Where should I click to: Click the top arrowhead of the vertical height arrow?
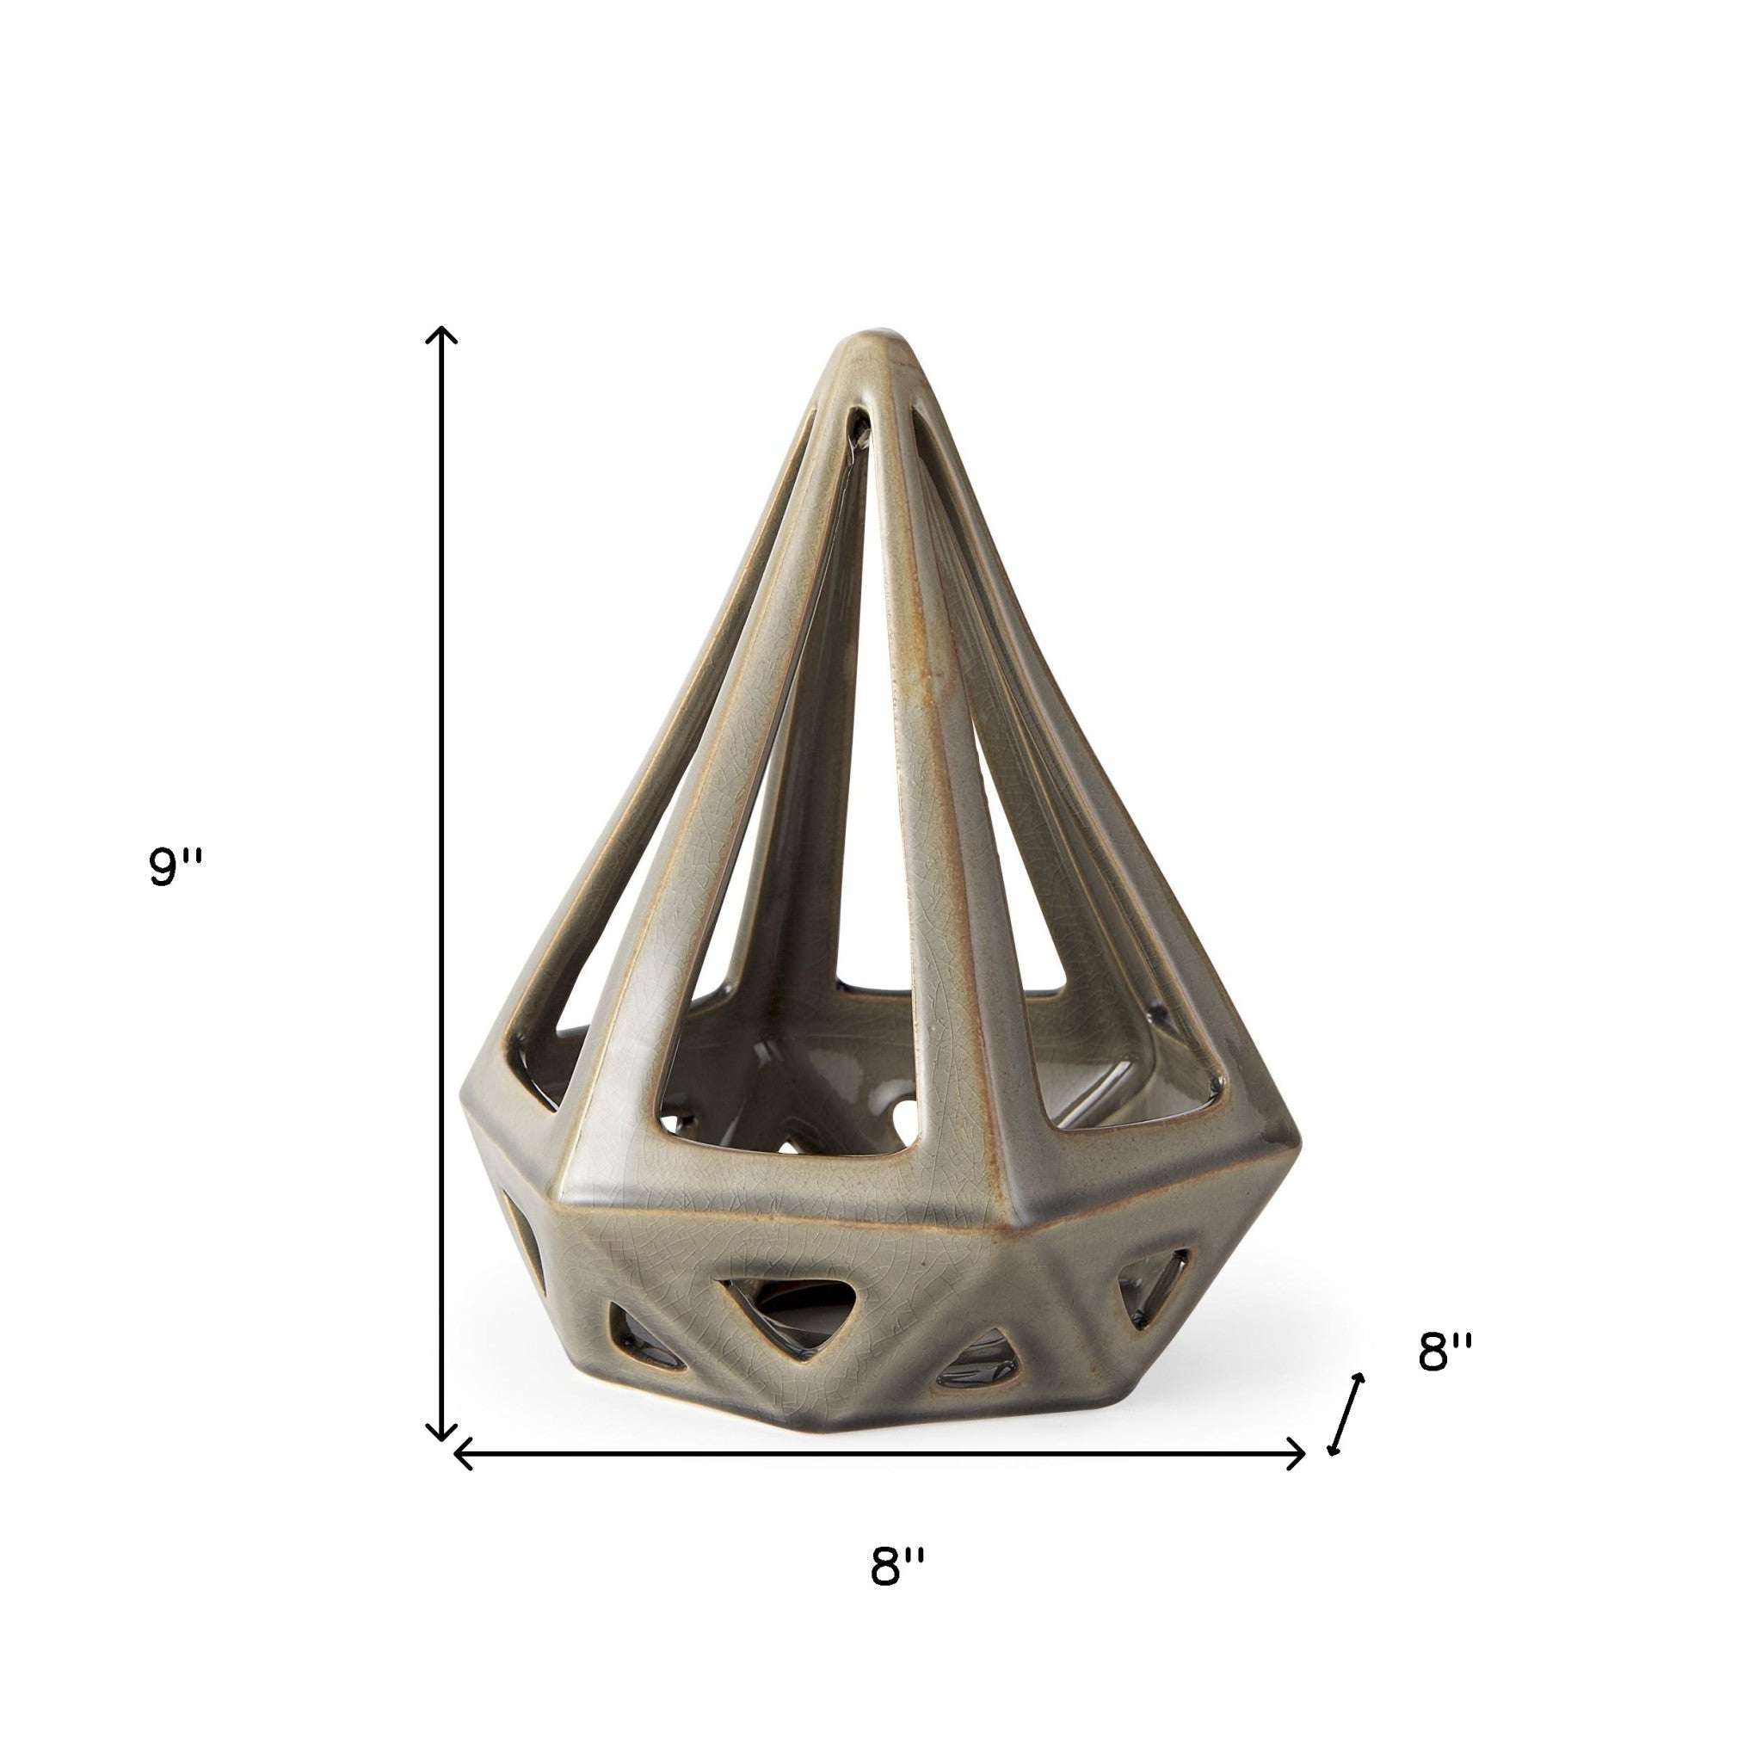(442, 335)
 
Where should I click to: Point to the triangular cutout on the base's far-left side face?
(522, 1261)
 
